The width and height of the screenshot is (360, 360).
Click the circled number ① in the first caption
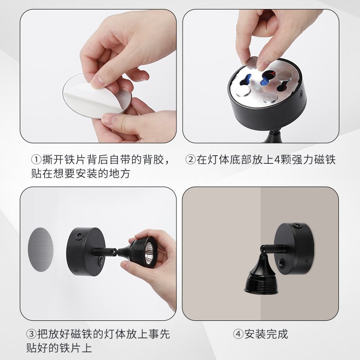(36, 160)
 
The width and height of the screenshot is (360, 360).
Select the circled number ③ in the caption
(30, 334)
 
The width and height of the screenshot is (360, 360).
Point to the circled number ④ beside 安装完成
(238, 334)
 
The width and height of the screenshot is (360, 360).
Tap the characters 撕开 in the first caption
(52, 160)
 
